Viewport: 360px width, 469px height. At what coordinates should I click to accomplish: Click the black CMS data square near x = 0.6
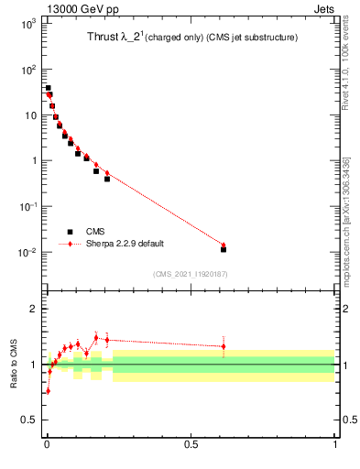coord(224,249)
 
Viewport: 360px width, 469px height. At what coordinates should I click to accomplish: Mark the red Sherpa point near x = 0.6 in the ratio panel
coord(224,346)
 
